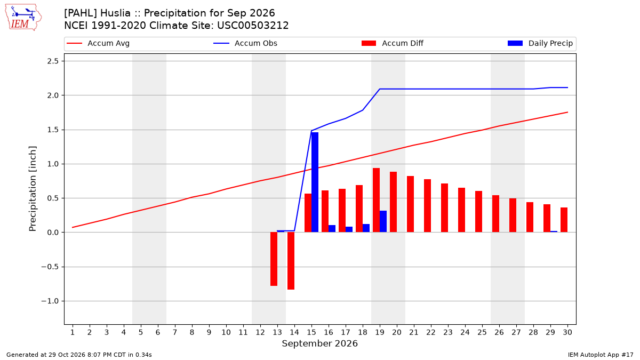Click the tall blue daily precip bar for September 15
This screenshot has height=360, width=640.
coord(315,182)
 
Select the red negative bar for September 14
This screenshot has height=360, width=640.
coord(291,261)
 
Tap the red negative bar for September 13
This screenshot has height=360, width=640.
coord(274,259)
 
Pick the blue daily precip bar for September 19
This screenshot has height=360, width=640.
coord(383,221)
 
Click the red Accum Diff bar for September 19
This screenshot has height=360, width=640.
coord(377,200)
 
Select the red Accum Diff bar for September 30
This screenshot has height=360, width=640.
coord(564,220)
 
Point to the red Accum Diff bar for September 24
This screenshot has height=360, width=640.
coord(462,210)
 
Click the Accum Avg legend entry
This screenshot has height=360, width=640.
coord(98,43)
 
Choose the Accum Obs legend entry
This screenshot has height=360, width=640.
coord(245,43)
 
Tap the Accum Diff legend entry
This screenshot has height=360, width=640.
coord(393,43)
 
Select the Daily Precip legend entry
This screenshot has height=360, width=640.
coord(540,43)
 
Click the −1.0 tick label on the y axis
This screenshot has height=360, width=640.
coord(50,301)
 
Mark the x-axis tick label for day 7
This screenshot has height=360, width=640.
coord(175,332)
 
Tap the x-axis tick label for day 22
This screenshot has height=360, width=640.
coord(431,332)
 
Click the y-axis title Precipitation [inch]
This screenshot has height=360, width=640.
coord(33,189)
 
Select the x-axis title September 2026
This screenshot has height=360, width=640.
coord(319,343)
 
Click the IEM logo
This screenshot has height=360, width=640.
coord(23,18)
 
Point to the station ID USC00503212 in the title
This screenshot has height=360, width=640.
coord(253,26)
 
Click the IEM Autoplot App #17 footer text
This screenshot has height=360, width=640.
coord(601,355)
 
